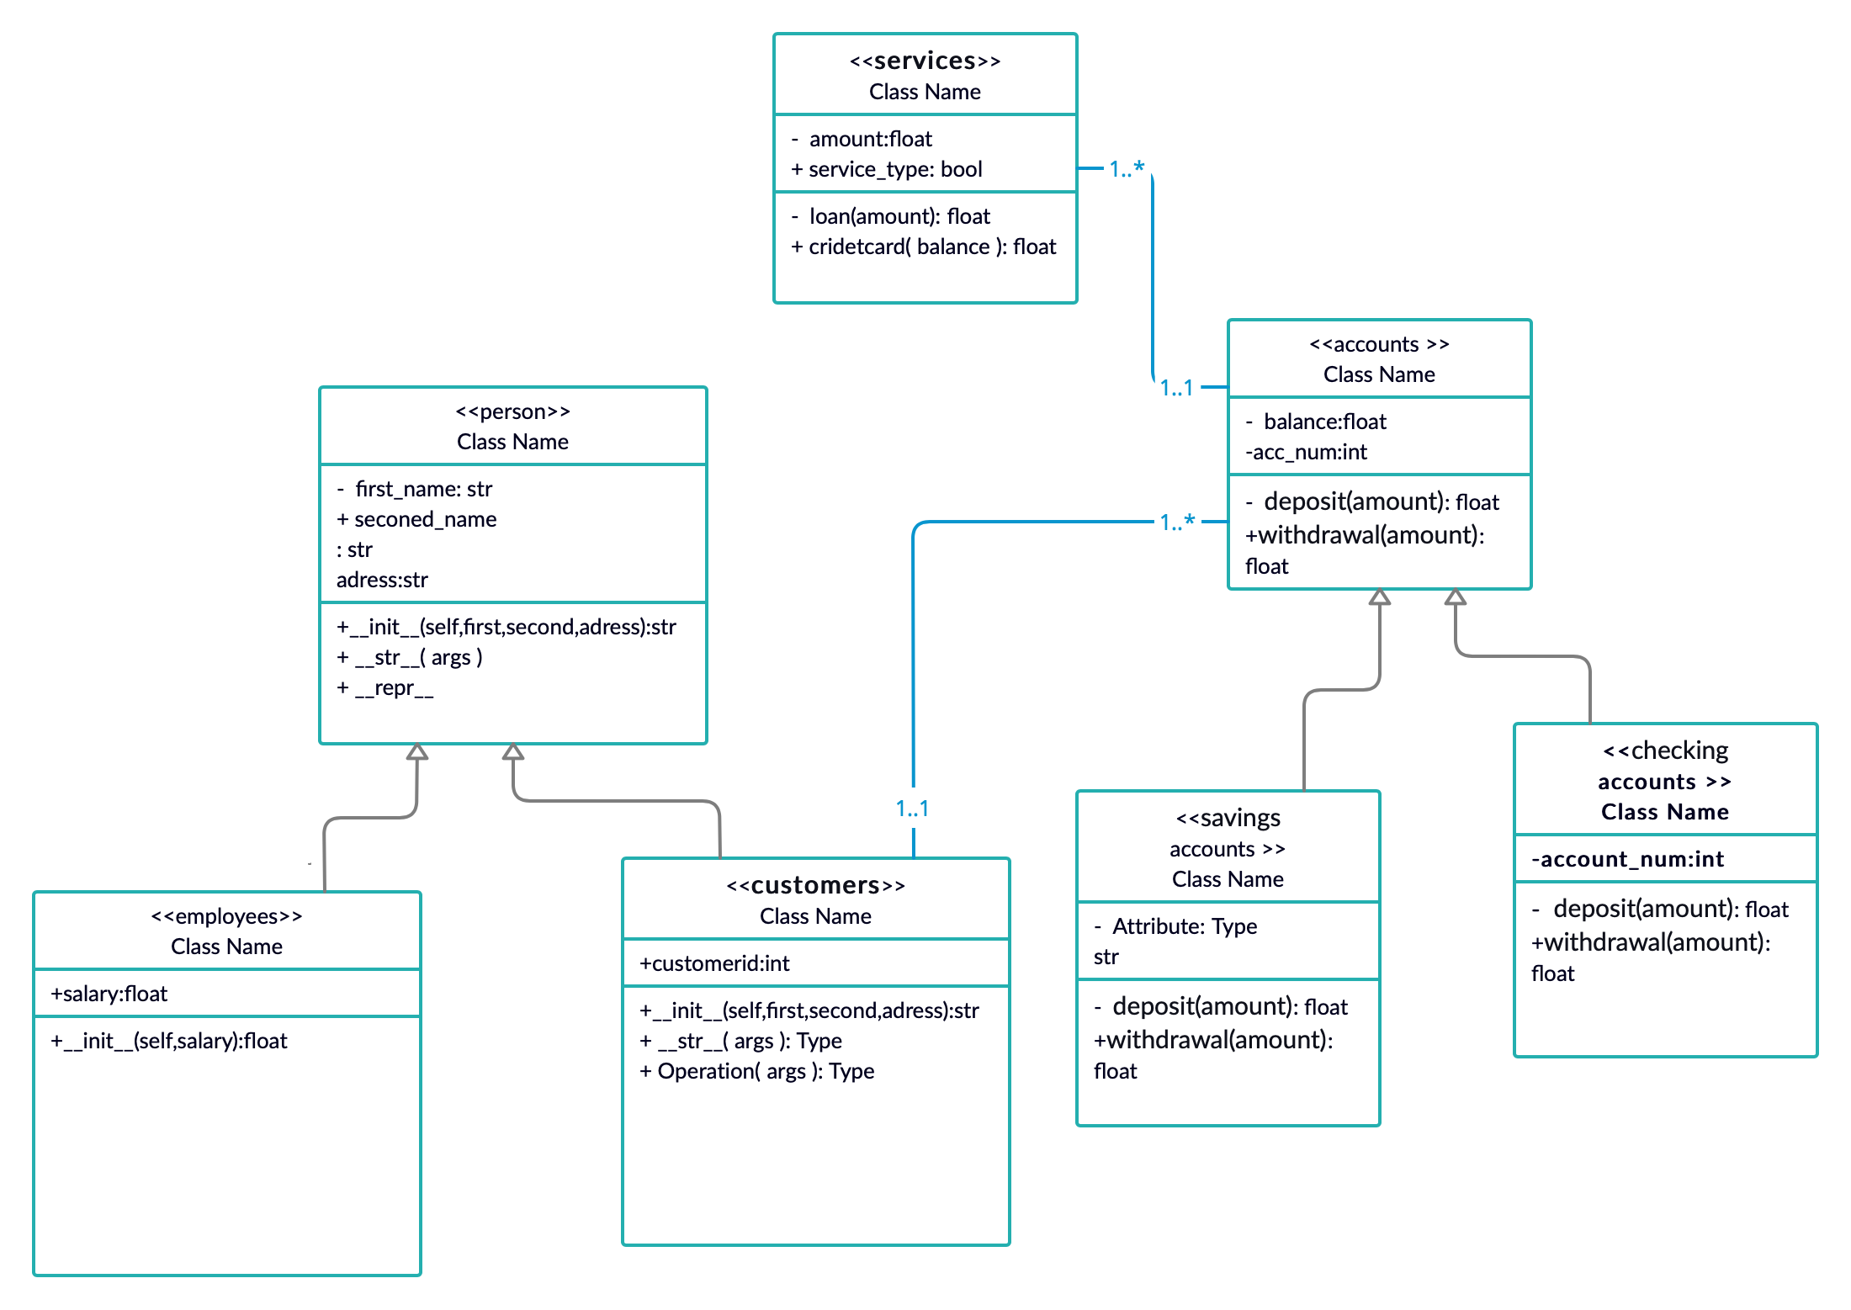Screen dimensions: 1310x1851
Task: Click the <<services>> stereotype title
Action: tap(925, 61)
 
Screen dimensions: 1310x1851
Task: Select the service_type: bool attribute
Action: tap(887, 169)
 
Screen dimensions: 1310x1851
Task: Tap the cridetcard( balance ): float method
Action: tap(924, 247)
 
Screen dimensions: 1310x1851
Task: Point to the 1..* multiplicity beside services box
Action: tap(1127, 169)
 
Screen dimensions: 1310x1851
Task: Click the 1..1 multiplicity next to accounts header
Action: tap(1176, 388)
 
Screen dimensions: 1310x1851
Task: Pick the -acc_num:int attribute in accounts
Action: tap(1306, 452)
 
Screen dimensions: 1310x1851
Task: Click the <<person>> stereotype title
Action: tap(512, 411)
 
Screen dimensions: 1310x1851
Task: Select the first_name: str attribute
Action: tap(415, 489)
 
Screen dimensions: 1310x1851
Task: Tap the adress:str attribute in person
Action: tap(382, 580)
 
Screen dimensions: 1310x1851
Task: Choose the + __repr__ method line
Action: tap(385, 687)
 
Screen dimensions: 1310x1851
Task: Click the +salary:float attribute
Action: tap(109, 994)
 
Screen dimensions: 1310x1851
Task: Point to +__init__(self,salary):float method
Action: tap(169, 1041)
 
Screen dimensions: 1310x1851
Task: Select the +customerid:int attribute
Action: tap(714, 963)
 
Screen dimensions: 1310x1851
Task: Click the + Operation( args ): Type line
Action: tap(756, 1071)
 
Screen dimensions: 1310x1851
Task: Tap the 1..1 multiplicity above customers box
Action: tap(912, 809)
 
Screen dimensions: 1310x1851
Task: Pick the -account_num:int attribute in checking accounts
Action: tap(1627, 859)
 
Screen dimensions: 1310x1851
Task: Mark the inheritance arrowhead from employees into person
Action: tap(417, 752)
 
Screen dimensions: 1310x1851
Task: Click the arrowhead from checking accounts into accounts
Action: tap(1456, 597)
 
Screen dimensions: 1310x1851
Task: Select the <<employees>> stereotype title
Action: tap(226, 916)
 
